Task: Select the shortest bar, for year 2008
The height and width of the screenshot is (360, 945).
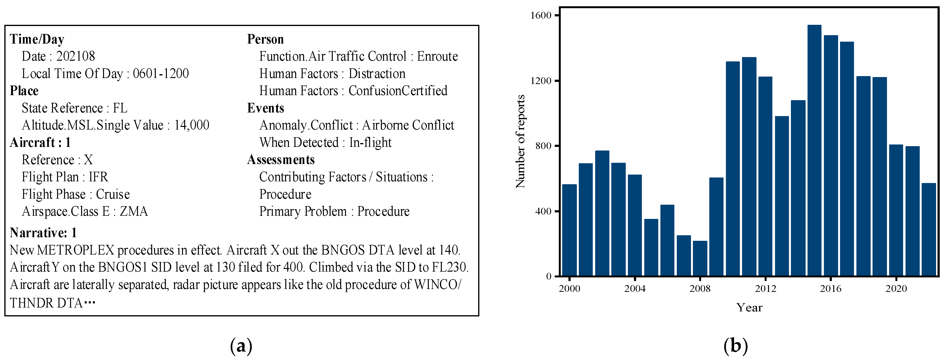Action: pos(700,258)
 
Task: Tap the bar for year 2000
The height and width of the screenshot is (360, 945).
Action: pos(569,230)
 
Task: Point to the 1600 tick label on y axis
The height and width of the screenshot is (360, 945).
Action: pos(541,15)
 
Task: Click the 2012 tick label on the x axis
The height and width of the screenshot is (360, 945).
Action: pos(765,289)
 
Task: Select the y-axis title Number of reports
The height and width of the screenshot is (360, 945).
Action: pos(520,142)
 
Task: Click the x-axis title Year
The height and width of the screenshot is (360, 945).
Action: pos(749,308)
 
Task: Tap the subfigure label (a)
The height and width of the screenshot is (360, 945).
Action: pos(241,346)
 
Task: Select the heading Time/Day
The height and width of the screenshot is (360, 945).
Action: pos(37,39)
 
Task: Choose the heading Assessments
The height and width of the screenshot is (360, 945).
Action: pos(281,160)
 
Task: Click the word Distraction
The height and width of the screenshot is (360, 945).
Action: pos(377,74)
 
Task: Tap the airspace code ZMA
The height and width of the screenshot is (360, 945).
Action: pos(134,211)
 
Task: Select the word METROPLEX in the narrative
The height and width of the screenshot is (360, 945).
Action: pos(76,250)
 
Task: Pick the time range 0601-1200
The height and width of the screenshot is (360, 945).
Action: pos(161,74)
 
